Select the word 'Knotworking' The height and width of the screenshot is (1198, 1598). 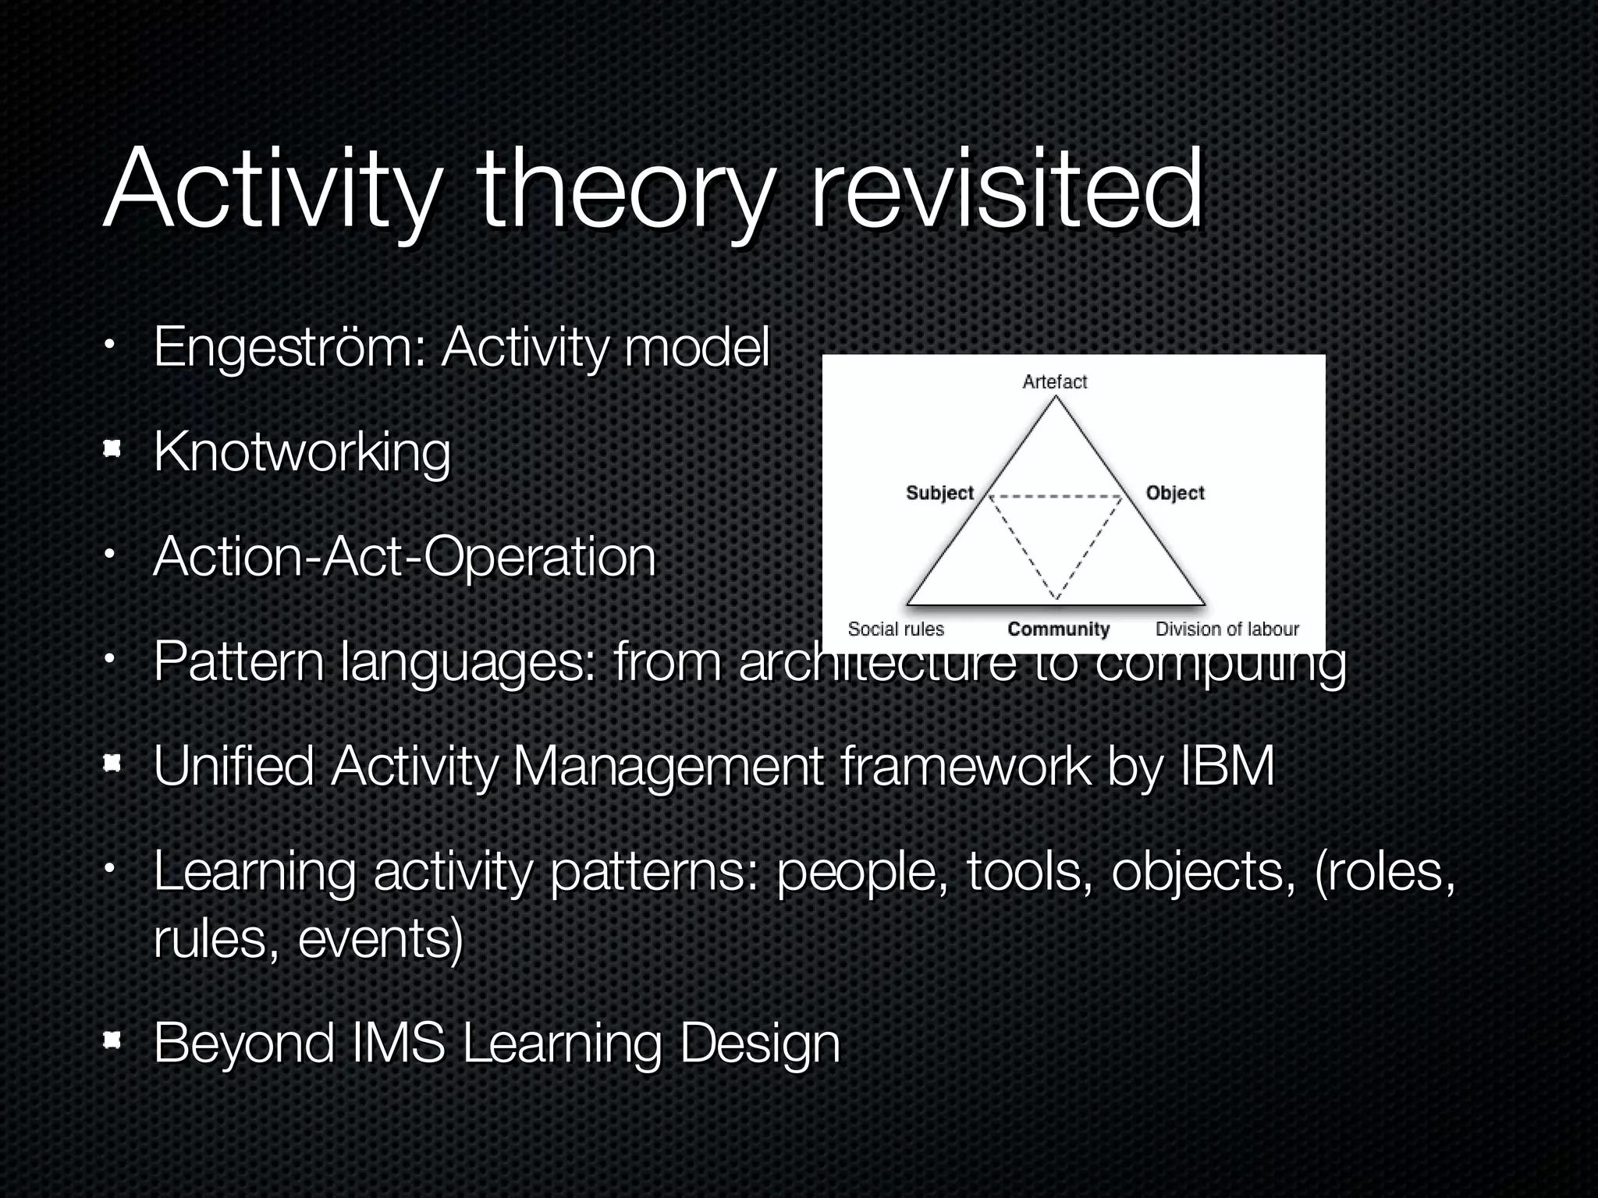tap(302, 452)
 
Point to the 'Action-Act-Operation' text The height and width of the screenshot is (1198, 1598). tap(404, 557)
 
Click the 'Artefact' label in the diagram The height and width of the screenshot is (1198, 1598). tap(1054, 381)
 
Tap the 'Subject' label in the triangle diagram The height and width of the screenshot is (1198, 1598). tap(939, 493)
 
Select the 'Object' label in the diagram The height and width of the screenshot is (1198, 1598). tap(1174, 493)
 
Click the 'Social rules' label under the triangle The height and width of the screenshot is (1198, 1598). tap(895, 629)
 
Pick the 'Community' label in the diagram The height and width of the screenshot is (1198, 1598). tap(1058, 629)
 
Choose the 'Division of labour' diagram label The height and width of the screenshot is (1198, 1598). tap(1227, 629)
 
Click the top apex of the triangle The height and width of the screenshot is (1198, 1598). tap(1056, 397)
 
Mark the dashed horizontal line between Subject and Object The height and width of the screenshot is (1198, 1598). tap(1056, 496)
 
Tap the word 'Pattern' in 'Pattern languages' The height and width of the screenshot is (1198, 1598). tap(238, 662)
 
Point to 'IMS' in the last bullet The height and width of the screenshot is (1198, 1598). tap(398, 1043)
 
